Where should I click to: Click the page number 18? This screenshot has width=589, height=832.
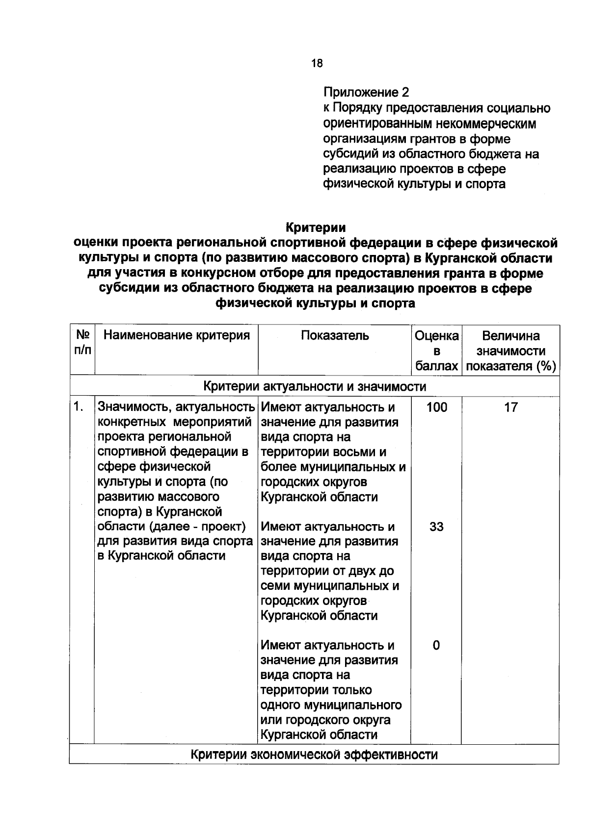[317, 63]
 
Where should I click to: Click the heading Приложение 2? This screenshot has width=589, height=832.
[366, 92]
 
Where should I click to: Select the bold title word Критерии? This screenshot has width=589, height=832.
[316, 228]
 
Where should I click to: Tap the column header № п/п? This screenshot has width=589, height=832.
[82, 343]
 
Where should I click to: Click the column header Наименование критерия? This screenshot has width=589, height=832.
[176, 335]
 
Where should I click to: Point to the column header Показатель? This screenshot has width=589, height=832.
[334, 335]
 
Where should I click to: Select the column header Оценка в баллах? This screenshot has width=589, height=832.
[436, 351]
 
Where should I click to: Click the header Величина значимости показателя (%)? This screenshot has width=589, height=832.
[510, 351]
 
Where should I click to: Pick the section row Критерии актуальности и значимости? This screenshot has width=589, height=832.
[314, 386]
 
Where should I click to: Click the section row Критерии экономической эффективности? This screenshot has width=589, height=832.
[314, 755]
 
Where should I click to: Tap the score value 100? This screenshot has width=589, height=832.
[436, 407]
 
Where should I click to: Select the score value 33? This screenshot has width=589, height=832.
[436, 527]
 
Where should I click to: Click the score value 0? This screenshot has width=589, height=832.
[436, 645]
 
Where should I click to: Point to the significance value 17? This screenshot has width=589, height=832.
[510, 407]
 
